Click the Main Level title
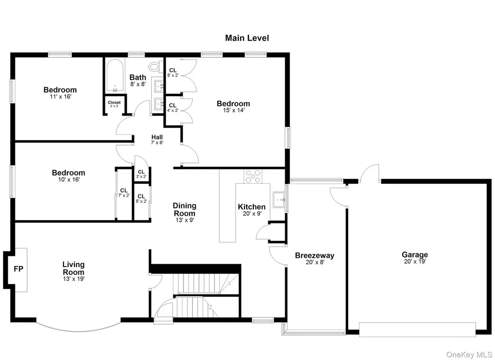(x=247, y=38)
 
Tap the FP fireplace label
(x=19, y=269)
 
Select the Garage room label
(x=415, y=255)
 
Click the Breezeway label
(x=314, y=255)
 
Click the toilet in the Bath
(x=155, y=67)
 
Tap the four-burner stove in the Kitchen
(x=253, y=176)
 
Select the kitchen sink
(x=279, y=200)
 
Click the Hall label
(x=157, y=137)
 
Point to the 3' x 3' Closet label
(x=114, y=104)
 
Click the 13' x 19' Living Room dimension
(x=73, y=279)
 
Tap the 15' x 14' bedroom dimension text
(x=233, y=110)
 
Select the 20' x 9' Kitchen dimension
(x=252, y=214)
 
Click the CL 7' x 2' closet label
(x=124, y=193)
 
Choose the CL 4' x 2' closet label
(x=173, y=108)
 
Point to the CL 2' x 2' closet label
(x=141, y=174)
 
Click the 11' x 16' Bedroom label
(x=60, y=92)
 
